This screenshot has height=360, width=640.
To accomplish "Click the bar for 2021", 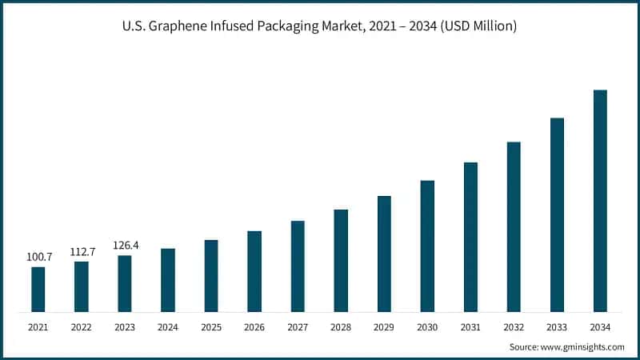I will pos(38,289).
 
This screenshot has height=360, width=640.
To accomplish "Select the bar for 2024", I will pos(168,280).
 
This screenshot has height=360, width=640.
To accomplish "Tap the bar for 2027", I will pos(298,266).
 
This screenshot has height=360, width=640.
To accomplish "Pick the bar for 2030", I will pos(427,246).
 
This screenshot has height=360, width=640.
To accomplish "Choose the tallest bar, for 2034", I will pos(600,201).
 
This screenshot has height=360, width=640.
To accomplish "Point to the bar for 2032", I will pos(514,226).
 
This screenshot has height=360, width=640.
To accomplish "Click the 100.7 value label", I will pos(38,257).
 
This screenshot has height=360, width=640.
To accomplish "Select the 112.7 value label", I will pos(82,251).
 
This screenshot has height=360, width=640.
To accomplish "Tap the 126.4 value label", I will pos(125,245).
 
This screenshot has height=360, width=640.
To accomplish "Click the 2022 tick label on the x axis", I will pos(82,327).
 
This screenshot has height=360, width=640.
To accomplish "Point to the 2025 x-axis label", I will pos(211,327).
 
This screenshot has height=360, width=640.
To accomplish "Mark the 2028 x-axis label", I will pos(341,327).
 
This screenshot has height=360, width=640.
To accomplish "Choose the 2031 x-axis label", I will pos(470,327).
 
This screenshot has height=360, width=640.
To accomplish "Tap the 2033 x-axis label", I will pos(557,327).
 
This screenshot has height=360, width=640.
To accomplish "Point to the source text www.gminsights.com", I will pos(582,346).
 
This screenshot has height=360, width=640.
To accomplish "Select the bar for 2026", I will pos(254,271).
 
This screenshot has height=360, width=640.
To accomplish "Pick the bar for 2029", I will pos(384,254).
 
